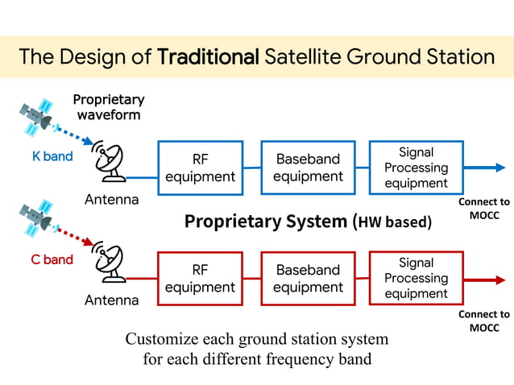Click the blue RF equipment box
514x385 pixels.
pyautogui.click(x=200, y=168)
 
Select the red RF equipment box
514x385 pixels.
pyautogui.click(x=200, y=279)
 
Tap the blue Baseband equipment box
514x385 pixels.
pyautogui.click(x=308, y=168)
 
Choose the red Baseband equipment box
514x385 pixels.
pyautogui.click(x=308, y=279)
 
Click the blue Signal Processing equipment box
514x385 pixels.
pyautogui.click(x=416, y=168)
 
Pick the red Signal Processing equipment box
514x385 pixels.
pyautogui.click(x=416, y=278)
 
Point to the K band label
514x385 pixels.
pyautogui.click(x=52, y=156)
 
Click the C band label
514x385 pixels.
pyautogui.click(x=52, y=259)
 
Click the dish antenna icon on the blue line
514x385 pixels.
pyautogui.click(x=109, y=162)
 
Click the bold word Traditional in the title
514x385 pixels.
pyautogui.click(x=208, y=56)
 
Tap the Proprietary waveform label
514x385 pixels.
pyautogui.click(x=109, y=107)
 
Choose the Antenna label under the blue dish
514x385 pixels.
pyautogui.click(x=111, y=199)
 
